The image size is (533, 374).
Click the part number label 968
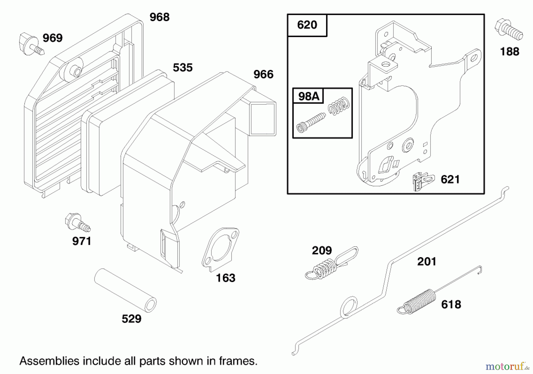(x=159, y=17)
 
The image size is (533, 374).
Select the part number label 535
(x=183, y=68)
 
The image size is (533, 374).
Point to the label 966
(x=263, y=74)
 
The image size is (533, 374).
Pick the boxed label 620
(x=307, y=25)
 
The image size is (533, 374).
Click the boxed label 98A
(x=308, y=96)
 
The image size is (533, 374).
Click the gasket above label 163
(x=221, y=248)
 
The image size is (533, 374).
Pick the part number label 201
(x=426, y=262)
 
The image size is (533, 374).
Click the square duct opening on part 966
(x=263, y=119)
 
